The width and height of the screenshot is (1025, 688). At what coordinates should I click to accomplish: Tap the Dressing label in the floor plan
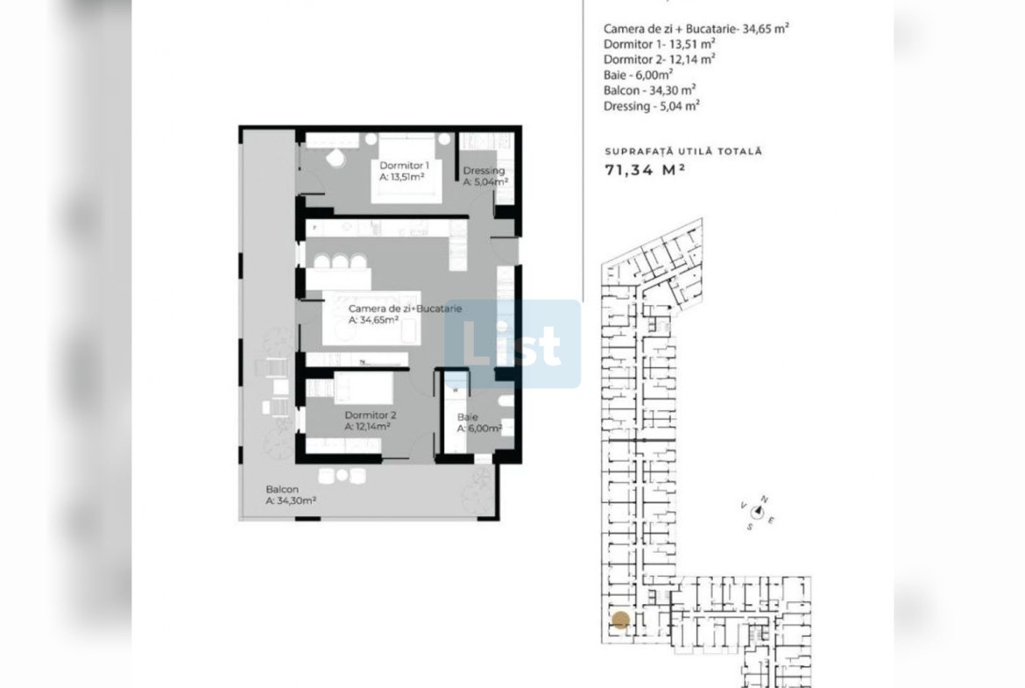click(484, 171)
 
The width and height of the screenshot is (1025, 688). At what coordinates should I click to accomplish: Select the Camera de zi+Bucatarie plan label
click(405, 308)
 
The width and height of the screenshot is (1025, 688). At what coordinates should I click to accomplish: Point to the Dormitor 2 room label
click(370, 415)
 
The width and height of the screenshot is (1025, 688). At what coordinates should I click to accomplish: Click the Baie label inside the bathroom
click(468, 416)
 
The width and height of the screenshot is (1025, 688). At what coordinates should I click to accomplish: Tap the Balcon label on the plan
click(282, 489)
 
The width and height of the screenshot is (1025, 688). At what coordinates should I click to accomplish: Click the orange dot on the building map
click(620, 620)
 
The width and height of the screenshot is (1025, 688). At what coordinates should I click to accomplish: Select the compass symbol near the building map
click(758, 513)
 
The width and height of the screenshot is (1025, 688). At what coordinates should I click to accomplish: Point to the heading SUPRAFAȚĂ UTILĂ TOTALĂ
click(683, 151)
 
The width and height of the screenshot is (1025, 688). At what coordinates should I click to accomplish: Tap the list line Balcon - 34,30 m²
click(649, 90)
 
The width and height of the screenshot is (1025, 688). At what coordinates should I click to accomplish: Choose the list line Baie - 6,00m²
click(638, 74)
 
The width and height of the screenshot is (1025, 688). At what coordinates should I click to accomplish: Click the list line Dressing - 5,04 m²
click(652, 106)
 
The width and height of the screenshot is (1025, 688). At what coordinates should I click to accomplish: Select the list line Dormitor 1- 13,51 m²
click(659, 44)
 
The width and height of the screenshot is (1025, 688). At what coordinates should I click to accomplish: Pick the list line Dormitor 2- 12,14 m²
click(659, 60)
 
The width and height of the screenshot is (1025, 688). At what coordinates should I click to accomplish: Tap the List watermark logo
click(513, 344)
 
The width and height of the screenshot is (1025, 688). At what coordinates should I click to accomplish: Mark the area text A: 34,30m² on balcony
click(291, 501)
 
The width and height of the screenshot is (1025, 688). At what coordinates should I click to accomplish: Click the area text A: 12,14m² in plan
click(367, 427)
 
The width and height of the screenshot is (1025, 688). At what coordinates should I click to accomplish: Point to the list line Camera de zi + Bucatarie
click(696, 29)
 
